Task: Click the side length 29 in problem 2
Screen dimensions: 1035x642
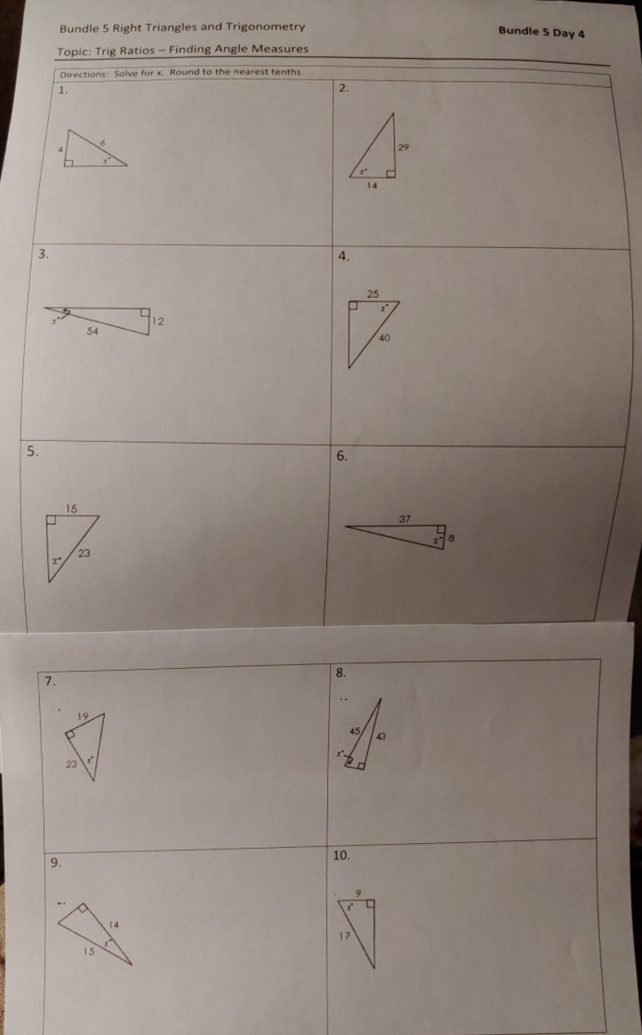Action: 403,148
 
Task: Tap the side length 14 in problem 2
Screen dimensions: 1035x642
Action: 371,185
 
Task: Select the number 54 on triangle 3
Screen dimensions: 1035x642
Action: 92,331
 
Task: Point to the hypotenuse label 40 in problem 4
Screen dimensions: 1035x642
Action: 384,338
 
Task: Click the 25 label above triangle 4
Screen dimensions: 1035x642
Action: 373,294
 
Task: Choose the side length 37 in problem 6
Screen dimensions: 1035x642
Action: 404,519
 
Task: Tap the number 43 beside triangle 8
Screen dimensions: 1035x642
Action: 381,736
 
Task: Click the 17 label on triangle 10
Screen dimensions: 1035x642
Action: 344,936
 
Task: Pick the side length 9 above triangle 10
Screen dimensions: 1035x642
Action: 358,892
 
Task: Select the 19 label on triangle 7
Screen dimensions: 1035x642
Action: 83,717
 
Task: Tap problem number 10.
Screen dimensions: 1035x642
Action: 341,856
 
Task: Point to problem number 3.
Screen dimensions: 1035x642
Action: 43,253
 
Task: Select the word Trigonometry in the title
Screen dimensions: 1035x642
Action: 265,27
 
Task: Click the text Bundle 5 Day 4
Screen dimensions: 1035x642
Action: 541,32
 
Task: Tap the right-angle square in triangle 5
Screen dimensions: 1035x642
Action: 52,520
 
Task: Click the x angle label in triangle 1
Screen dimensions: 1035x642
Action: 106,160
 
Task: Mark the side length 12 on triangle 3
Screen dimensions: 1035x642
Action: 158,321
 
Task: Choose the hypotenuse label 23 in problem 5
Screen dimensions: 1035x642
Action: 84,553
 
